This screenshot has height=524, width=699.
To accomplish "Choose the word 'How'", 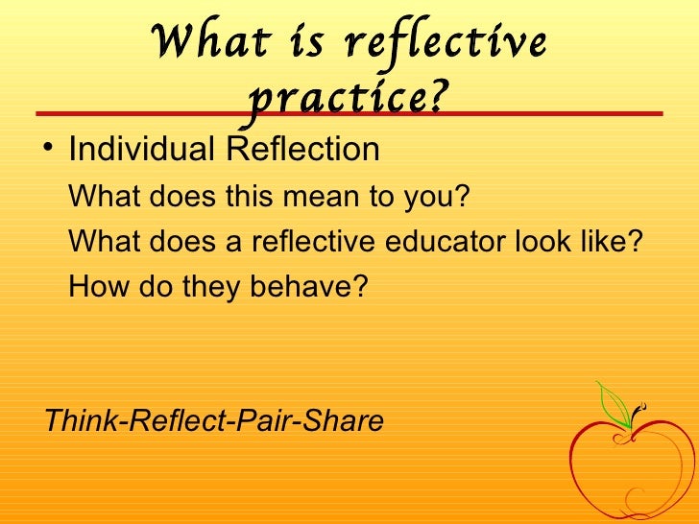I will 93,286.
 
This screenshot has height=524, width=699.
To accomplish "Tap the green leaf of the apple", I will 612,402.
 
